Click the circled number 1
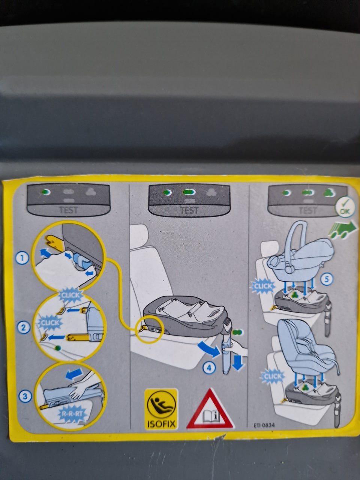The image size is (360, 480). [22, 258]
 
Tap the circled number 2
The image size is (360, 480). [23, 327]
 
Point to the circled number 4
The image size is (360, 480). [209, 368]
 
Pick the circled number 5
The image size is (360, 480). [327, 279]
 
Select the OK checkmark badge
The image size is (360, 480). [345, 207]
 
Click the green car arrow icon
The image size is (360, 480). [343, 229]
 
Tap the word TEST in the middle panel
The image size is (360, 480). [189, 210]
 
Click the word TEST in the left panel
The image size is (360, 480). [68, 210]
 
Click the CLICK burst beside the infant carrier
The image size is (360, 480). [262, 286]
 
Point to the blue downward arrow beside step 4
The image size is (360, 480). [238, 362]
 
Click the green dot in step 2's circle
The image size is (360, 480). [58, 348]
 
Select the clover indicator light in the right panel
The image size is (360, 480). [329, 193]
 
